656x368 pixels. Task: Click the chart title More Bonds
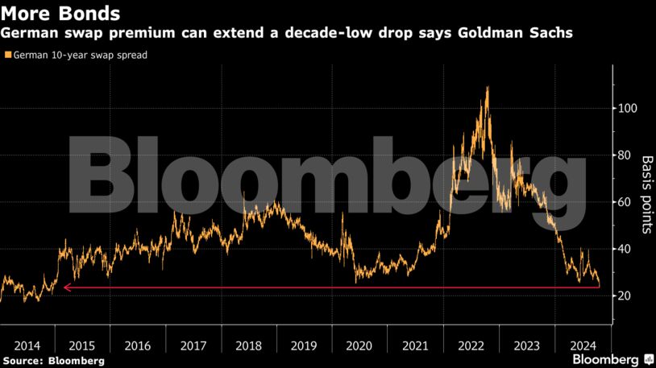(x=62, y=14)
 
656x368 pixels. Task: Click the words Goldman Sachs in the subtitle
(x=526, y=34)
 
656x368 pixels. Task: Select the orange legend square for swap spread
(x=8, y=56)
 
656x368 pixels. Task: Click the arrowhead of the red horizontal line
(x=65, y=287)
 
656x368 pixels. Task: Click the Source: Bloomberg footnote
(x=53, y=361)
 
